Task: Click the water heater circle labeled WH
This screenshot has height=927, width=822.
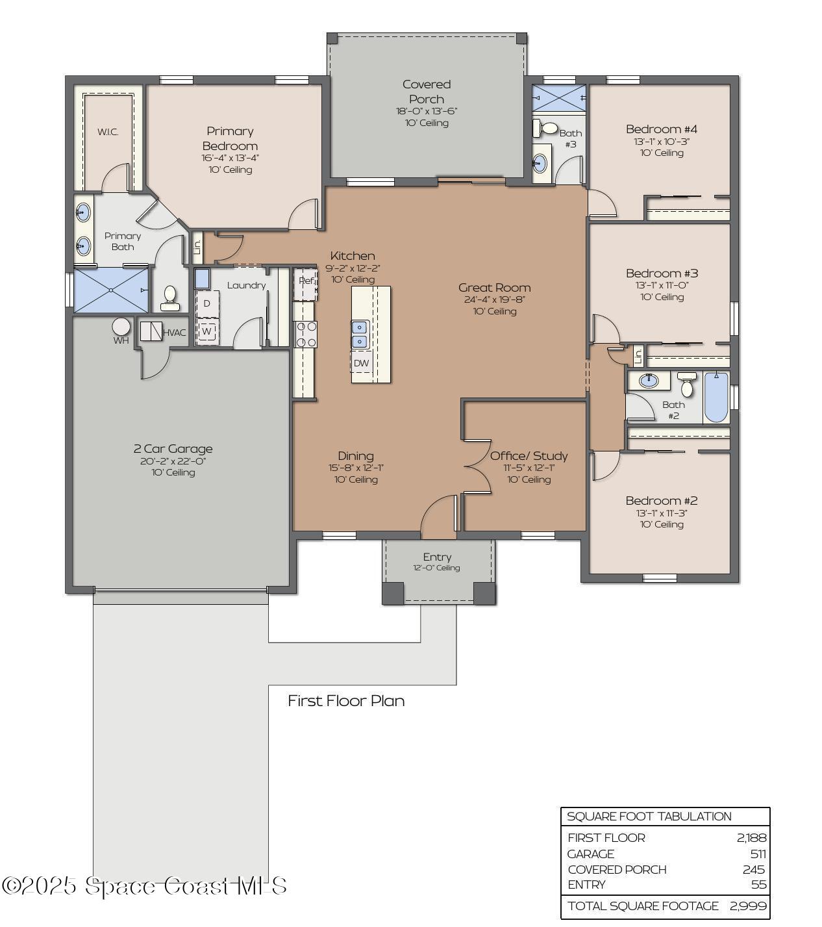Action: click(x=121, y=326)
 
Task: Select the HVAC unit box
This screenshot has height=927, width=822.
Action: click(x=151, y=331)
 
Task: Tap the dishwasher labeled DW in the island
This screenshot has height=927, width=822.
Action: click(x=361, y=363)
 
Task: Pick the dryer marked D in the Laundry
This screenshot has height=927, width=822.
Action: click(x=207, y=303)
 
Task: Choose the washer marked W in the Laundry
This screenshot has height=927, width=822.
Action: click(x=206, y=331)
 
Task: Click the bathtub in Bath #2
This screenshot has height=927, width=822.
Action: click(x=716, y=396)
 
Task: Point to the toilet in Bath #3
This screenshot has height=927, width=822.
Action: click(x=547, y=129)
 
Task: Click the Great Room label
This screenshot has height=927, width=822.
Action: click(x=494, y=288)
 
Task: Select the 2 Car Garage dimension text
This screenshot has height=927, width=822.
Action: click(x=173, y=461)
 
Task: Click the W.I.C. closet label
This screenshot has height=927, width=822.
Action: click(x=108, y=133)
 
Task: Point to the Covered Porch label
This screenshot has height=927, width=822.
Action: click(x=426, y=92)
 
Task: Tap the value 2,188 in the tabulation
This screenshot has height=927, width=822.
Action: click(x=751, y=838)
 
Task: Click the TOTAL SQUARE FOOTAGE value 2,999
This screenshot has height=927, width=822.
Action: click(x=748, y=906)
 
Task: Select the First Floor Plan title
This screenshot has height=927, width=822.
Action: click(x=346, y=701)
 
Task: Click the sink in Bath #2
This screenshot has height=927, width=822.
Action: click(x=648, y=381)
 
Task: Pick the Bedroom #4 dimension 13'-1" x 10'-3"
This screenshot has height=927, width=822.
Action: click(x=661, y=142)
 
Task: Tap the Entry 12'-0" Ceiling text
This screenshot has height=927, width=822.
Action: click(x=436, y=568)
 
